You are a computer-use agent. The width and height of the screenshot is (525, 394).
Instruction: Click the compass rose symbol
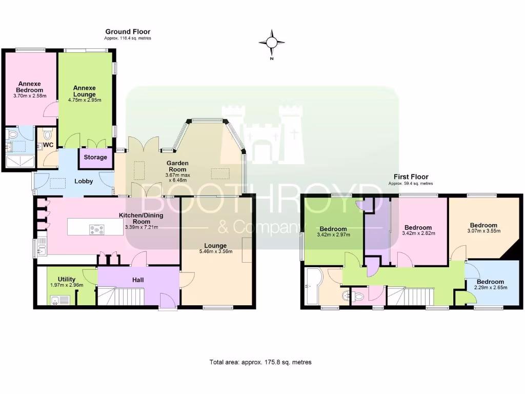tap(272, 42)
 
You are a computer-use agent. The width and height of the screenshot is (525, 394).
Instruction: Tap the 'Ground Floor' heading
tap(128, 32)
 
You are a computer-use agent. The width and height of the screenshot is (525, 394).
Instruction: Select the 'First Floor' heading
tap(410, 177)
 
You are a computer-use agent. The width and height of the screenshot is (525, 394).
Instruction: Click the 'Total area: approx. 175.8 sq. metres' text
tap(260, 362)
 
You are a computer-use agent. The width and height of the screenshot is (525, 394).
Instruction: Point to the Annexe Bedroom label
tap(30, 87)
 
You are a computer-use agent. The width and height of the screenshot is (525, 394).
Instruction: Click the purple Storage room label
tap(95, 157)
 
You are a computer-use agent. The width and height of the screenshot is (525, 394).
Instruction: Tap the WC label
tap(48, 145)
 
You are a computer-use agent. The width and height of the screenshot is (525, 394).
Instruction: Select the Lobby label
tap(84, 181)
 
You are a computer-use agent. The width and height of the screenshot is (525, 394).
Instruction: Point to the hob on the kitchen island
tap(96, 229)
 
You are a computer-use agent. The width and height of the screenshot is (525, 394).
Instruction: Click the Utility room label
tap(67, 280)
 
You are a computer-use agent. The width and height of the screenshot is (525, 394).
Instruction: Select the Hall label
tap(137, 280)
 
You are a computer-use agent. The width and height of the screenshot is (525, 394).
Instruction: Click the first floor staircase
tap(410, 295)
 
